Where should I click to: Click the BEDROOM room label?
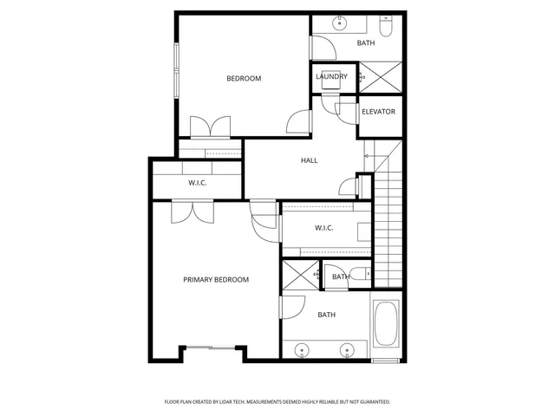244,79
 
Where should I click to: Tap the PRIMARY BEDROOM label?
216,280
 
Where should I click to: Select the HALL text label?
309,161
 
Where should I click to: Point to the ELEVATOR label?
378,112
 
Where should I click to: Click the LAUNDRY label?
331,77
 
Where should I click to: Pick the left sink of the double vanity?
302,350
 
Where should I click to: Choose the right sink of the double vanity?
346,350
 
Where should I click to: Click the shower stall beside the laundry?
380,76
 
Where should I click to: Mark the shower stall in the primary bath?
299,276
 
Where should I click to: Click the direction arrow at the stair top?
367,157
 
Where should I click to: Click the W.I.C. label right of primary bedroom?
324,228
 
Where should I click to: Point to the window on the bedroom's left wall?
176,69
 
